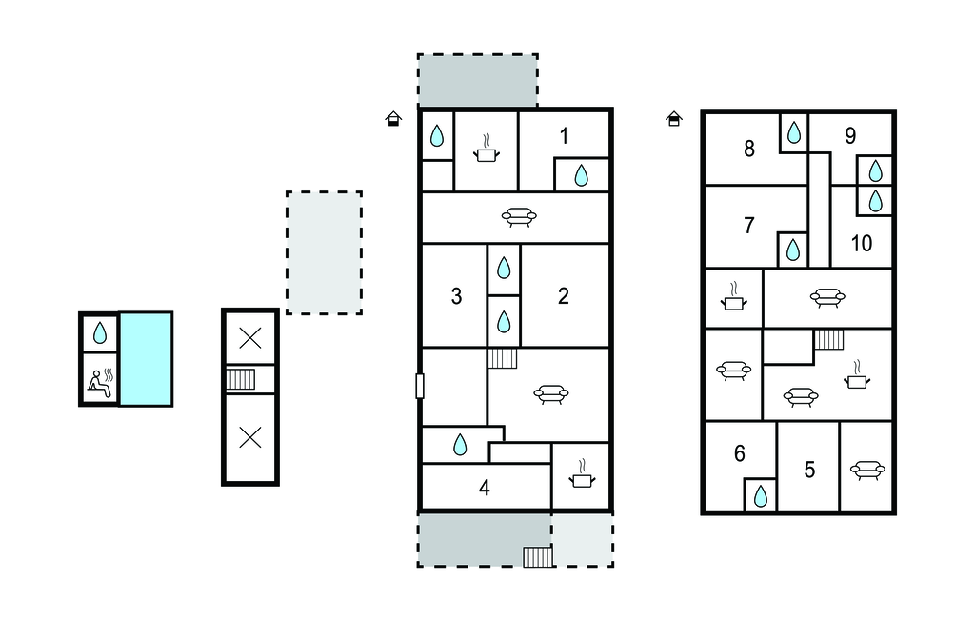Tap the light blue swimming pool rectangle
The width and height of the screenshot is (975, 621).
pos(146,359)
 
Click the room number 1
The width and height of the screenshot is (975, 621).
pos(564,135)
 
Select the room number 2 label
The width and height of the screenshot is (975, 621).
pos(564,295)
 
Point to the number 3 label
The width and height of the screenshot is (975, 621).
pos(456,296)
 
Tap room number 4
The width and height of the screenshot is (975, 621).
pos(485,488)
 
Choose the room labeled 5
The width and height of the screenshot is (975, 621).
pos(809,470)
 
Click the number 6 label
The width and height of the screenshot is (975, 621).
pos(739,453)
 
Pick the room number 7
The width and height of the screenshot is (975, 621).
pos(749,225)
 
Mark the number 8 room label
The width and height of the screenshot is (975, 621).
pos(749,149)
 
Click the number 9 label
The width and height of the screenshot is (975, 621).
pos(850,135)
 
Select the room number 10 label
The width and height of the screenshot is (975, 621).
pos(861,243)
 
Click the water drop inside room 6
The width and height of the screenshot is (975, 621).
pos(761,496)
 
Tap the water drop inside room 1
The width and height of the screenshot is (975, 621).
pos(581,175)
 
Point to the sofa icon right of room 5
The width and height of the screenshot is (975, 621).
pos(867,470)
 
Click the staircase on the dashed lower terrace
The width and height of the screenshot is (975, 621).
pos(538,556)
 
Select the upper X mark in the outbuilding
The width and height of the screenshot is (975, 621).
pos(250,338)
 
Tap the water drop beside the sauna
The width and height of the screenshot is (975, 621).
pos(100,333)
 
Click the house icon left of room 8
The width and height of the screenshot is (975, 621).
pos(674,118)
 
